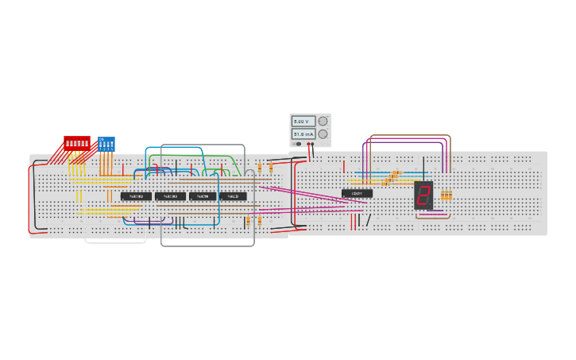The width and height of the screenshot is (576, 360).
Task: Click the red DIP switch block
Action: click(77, 143)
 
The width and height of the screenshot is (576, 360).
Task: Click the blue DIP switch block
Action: click(106, 144)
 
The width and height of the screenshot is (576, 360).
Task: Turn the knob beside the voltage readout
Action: click(323, 122)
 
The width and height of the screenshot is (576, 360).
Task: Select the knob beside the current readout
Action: click(323, 134)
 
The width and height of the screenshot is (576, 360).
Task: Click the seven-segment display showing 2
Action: click(423, 195)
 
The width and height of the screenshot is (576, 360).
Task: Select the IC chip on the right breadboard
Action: click(357, 193)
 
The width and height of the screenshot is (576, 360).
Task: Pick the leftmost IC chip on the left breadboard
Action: click(136, 196)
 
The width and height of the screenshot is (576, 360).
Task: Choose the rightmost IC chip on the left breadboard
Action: click(233, 196)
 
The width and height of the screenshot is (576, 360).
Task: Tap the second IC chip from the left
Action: click(170, 196)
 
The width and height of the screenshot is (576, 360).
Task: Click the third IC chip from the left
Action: click(203, 196)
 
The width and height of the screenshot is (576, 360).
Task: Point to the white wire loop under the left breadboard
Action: click(115, 242)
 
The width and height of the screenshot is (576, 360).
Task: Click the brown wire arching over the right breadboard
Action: click(409, 136)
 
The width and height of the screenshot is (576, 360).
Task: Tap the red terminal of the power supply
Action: click(308, 145)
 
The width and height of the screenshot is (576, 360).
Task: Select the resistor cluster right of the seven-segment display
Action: click(446, 195)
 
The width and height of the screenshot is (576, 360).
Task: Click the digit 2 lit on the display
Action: click(423, 195)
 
